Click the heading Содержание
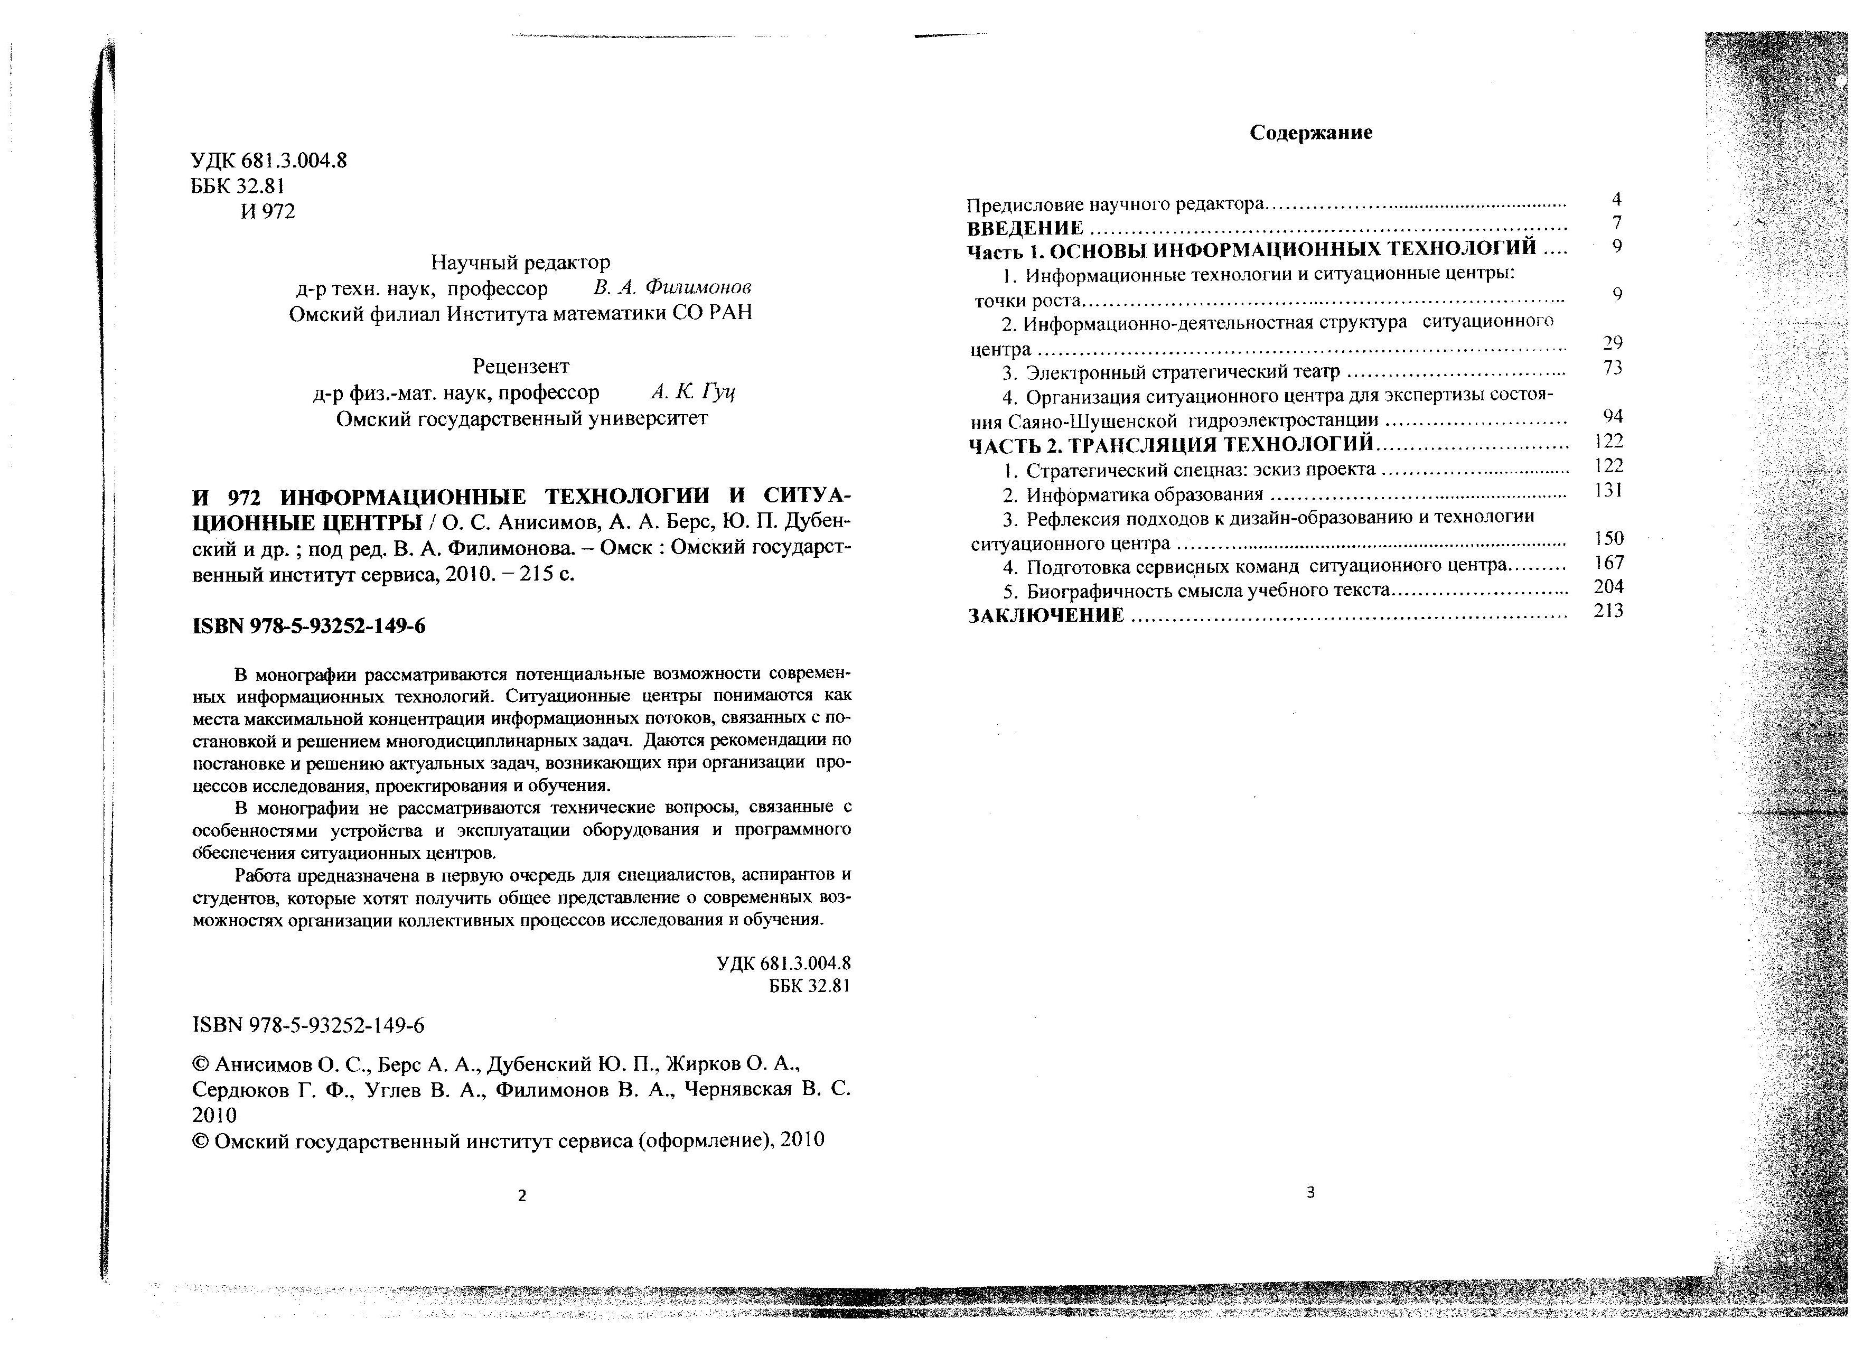coord(1311,133)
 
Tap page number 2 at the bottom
coord(522,1196)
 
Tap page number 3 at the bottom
coord(1310,1193)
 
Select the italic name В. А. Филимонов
coord(672,288)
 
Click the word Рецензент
coord(521,366)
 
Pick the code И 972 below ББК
coord(268,212)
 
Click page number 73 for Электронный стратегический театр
coord(1613,368)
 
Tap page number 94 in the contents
coord(1613,416)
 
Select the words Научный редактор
coord(521,263)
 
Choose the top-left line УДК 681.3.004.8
coord(269,160)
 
